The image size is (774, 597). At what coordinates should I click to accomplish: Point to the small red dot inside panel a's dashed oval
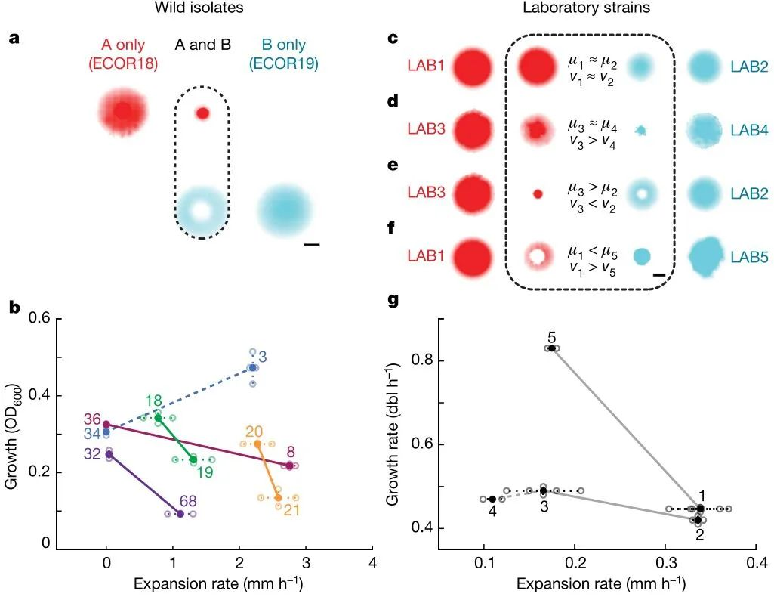pos(202,113)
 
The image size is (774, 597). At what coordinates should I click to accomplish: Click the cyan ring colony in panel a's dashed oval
pos(202,210)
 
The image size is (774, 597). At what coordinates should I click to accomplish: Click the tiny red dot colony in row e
pos(538,193)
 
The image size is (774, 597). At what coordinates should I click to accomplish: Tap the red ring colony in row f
pos(537,257)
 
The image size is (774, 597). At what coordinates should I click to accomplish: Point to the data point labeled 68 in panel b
pos(180,514)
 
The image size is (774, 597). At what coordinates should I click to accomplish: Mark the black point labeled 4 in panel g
pos(492,499)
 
